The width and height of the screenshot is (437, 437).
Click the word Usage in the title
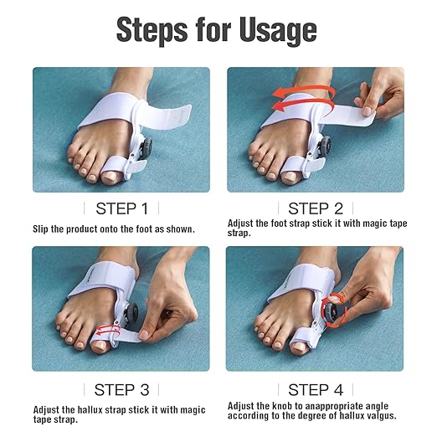(278, 30)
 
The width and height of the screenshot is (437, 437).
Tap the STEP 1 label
(121, 208)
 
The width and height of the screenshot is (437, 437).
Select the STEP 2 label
(316, 208)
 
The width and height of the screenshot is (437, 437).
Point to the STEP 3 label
(121, 389)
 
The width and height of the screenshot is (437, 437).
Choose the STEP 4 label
(316, 389)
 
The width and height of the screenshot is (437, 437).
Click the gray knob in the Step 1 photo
(147, 147)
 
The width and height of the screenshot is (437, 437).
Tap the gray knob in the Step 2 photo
(325, 147)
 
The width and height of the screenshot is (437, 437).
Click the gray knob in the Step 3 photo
(131, 312)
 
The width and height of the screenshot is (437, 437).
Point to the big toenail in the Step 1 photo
(110, 177)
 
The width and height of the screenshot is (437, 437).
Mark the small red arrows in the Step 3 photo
(108, 330)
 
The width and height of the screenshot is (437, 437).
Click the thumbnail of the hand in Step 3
(144, 334)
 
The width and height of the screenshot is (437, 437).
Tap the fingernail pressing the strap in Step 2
(367, 111)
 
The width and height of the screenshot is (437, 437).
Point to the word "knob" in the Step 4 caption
(284, 406)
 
